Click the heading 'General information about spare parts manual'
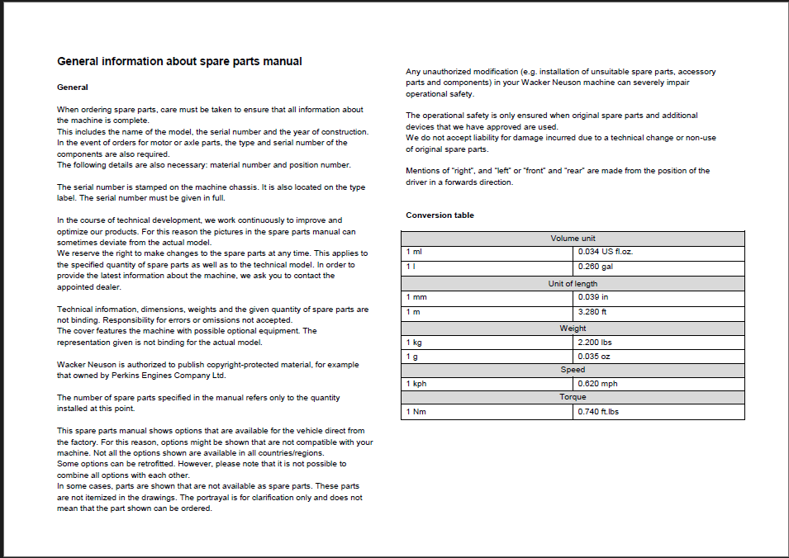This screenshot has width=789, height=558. (179, 62)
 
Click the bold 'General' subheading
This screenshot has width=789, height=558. (73, 87)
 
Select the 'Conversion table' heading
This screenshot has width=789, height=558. (440, 215)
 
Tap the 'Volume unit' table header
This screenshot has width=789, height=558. (573, 239)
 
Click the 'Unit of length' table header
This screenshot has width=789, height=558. (573, 284)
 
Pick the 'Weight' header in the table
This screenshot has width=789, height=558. (573, 329)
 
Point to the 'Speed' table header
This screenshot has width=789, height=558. (573, 370)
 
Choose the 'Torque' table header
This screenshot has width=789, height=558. (573, 397)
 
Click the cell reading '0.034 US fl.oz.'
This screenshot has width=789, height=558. (606, 252)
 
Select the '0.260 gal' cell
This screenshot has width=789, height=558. (596, 267)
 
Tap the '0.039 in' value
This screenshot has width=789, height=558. (593, 297)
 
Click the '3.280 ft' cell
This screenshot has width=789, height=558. (592, 312)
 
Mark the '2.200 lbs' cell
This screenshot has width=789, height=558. (595, 343)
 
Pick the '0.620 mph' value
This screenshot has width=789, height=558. (597, 384)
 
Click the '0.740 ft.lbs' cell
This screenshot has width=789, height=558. (598, 412)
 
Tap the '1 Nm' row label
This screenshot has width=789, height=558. (416, 412)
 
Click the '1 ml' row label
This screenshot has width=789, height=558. (413, 252)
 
